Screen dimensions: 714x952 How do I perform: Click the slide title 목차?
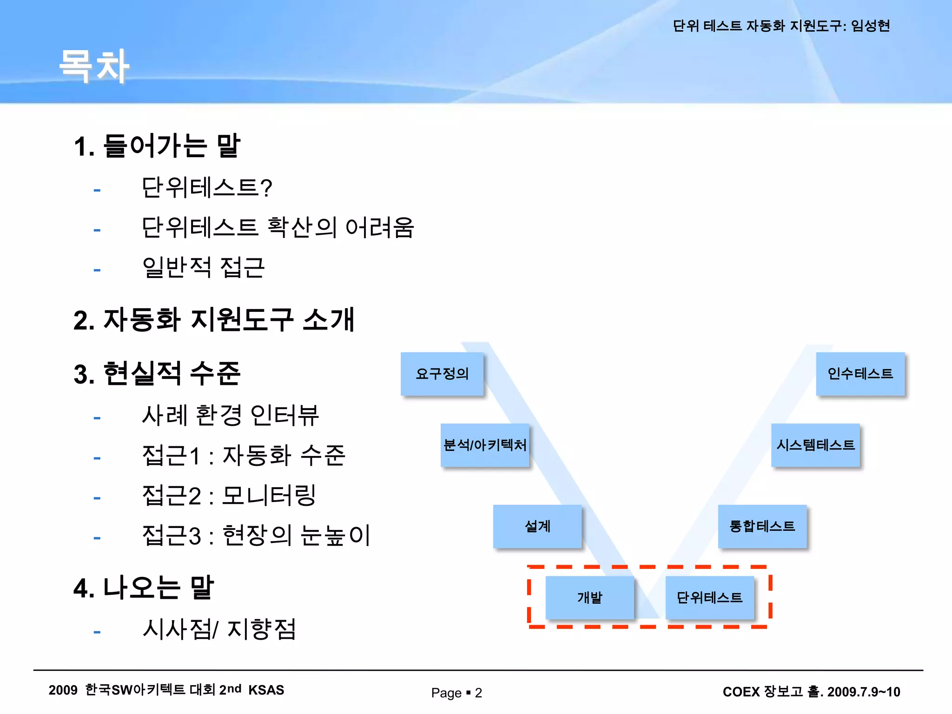(x=94, y=66)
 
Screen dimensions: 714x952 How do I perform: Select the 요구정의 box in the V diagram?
(x=442, y=374)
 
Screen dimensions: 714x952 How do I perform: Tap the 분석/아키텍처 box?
(x=485, y=445)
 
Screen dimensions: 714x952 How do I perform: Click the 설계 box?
(x=537, y=526)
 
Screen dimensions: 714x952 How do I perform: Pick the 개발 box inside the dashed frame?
(x=589, y=597)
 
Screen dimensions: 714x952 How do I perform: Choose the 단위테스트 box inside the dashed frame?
(x=710, y=597)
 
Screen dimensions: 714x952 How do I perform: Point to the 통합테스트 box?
(x=762, y=526)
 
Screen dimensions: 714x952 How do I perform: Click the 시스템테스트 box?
(x=815, y=445)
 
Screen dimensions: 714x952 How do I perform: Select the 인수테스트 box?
(x=860, y=374)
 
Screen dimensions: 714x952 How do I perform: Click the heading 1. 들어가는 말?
(x=157, y=146)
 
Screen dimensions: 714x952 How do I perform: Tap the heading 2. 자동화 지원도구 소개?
(x=214, y=320)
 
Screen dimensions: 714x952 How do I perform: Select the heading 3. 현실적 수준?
(x=157, y=374)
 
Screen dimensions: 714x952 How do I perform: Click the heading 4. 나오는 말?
(x=144, y=588)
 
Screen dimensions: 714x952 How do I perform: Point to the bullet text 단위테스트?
(x=207, y=188)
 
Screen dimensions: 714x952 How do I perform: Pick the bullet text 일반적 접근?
(x=204, y=268)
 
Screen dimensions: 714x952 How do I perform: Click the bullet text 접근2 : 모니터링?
(x=229, y=496)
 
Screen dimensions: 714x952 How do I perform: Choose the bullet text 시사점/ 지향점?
(x=219, y=629)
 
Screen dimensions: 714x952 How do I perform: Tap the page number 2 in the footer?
(x=478, y=693)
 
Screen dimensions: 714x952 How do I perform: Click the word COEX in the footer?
(x=741, y=692)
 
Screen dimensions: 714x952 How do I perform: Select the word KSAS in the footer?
(x=266, y=690)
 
